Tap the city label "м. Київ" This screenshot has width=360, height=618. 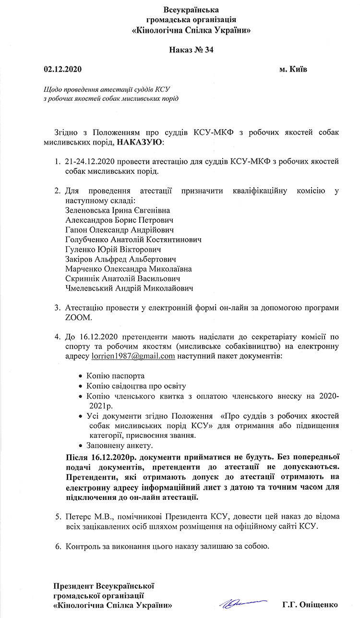coord(293,69)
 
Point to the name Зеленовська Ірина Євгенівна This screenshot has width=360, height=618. coord(117,210)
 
